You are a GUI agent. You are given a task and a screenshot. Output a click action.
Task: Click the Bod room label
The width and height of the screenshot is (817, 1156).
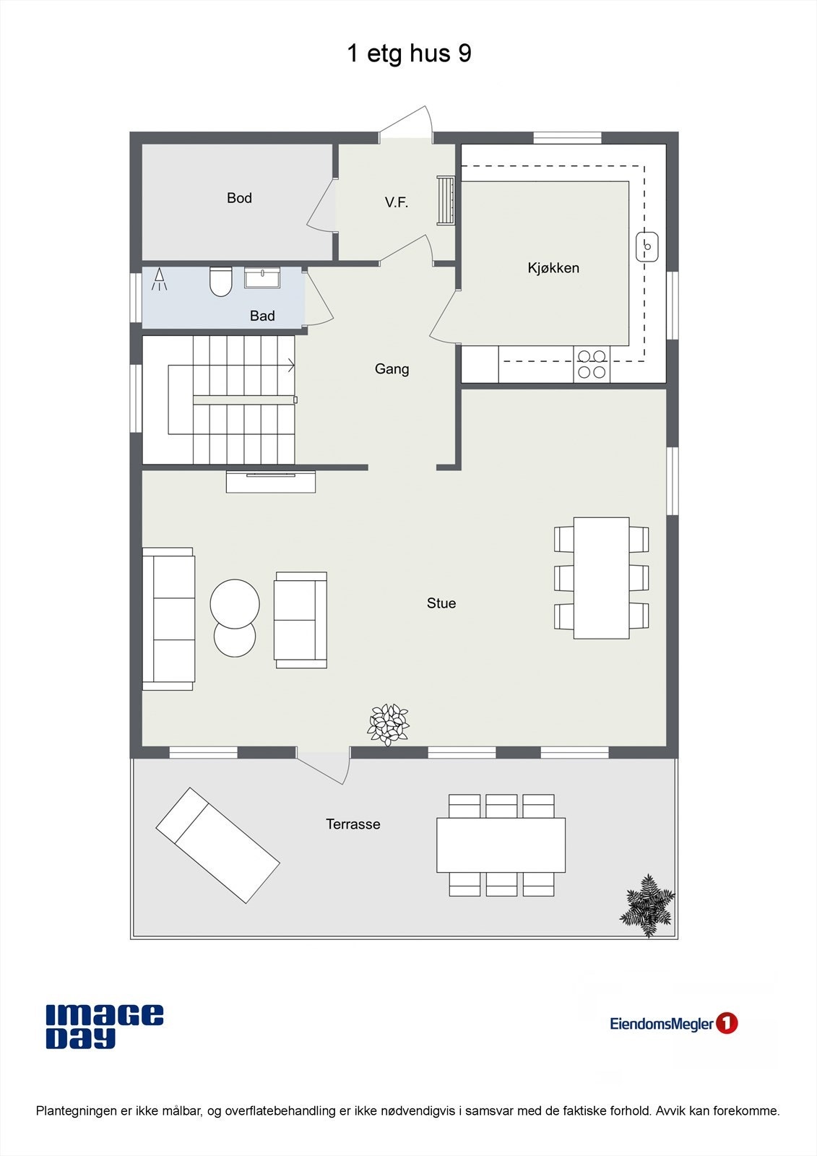click(x=239, y=198)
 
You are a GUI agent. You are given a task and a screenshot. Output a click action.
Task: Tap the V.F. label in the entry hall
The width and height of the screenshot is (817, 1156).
click(x=397, y=203)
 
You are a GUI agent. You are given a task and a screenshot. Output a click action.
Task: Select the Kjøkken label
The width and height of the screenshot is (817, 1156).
click(x=553, y=268)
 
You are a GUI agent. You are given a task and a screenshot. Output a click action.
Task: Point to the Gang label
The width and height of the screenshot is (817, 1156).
click(x=392, y=369)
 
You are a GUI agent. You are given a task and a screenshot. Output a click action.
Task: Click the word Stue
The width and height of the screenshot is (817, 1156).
click(x=441, y=603)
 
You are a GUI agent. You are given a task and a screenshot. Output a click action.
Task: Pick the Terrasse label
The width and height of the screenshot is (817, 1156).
click(x=353, y=824)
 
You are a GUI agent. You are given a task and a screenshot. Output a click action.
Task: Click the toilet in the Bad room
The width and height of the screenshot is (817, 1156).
click(x=220, y=281)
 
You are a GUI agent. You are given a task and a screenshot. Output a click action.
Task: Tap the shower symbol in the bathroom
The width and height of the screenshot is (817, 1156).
click(x=160, y=279)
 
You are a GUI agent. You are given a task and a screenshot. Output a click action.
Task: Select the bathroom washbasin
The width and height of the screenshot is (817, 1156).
click(x=262, y=278)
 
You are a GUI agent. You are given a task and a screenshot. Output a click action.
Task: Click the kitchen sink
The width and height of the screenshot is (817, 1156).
click(x=647, y=246)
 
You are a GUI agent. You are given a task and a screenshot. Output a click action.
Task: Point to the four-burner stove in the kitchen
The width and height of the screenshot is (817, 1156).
click(x=592, y=364)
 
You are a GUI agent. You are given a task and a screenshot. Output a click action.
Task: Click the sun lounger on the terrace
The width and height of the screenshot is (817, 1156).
click(x=217, y=845)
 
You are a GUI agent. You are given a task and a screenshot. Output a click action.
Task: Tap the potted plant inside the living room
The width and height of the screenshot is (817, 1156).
click(x=389, y=724)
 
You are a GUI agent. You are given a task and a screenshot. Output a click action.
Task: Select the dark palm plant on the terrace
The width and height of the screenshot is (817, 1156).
click(x=648, y=905)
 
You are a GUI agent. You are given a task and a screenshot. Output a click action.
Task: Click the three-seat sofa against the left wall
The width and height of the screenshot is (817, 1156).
click(x=168, y=618)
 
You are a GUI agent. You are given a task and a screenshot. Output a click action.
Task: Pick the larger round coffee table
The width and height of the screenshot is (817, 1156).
click(x=235, y=603)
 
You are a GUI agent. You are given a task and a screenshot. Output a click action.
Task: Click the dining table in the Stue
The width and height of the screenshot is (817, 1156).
click(x=601, y=577)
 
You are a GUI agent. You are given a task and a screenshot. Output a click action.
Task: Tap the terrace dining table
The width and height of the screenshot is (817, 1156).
click(x=501, y=845)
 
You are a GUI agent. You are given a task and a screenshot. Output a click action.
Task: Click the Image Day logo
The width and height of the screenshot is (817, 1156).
click(x=105, y=1026)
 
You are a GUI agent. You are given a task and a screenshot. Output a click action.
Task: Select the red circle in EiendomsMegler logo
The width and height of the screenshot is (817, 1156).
click(x=727, y=1023)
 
